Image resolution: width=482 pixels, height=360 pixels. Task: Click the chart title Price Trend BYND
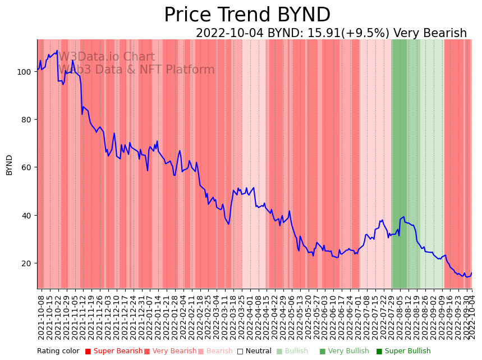click(247, 15)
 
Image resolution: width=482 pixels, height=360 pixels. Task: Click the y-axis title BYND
click(9, 165)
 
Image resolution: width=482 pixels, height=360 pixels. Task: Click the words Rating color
click(58, 352)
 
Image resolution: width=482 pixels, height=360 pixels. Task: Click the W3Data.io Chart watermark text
click(107, 57)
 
